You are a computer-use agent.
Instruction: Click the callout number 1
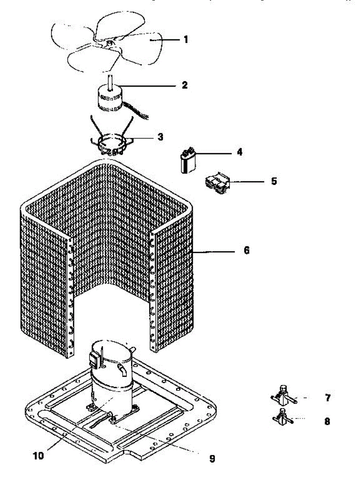(x=186, y=40)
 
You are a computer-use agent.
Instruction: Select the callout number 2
(x=184, y=85)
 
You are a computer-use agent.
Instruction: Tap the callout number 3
(x=160, y=137)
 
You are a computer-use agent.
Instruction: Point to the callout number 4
(x=239, y=152)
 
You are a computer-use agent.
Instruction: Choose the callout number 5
(x=274, y=181)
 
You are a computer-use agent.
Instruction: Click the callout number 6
(x=246, y=251)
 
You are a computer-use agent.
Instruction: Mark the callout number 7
(x=327, y=398)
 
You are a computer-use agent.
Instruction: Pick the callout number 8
(x=327, y=421)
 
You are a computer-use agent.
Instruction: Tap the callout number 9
(x=212, y=459)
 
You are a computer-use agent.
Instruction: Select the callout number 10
(x=39, y=455)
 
